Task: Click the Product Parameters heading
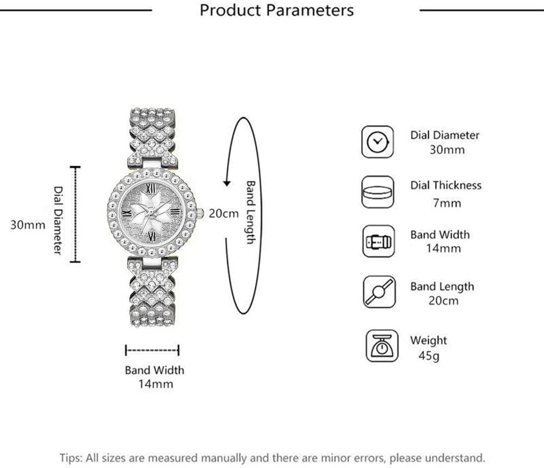coord(276,10)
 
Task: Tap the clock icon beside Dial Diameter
coord(378,142)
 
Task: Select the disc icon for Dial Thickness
coord(378,192)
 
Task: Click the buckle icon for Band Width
coord(379,241)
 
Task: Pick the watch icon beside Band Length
coord(379,292)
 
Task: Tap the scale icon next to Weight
coord(382,346)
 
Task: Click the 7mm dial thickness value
coord(447,203)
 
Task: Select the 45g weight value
coord(429,356)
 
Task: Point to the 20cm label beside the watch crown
coord(224,214)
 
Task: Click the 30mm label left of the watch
coord(28,225)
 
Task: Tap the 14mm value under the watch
coord(156,384)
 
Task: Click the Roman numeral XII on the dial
coord(151,189)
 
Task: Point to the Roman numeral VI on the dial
coord(151,236)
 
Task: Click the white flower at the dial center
coord(151,212)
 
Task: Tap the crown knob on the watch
coord(200,214)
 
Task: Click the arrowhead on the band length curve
coord(227,183)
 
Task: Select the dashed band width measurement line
coord(152,350)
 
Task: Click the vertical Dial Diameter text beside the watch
coord(58,221)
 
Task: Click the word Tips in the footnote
coord(70,458)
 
